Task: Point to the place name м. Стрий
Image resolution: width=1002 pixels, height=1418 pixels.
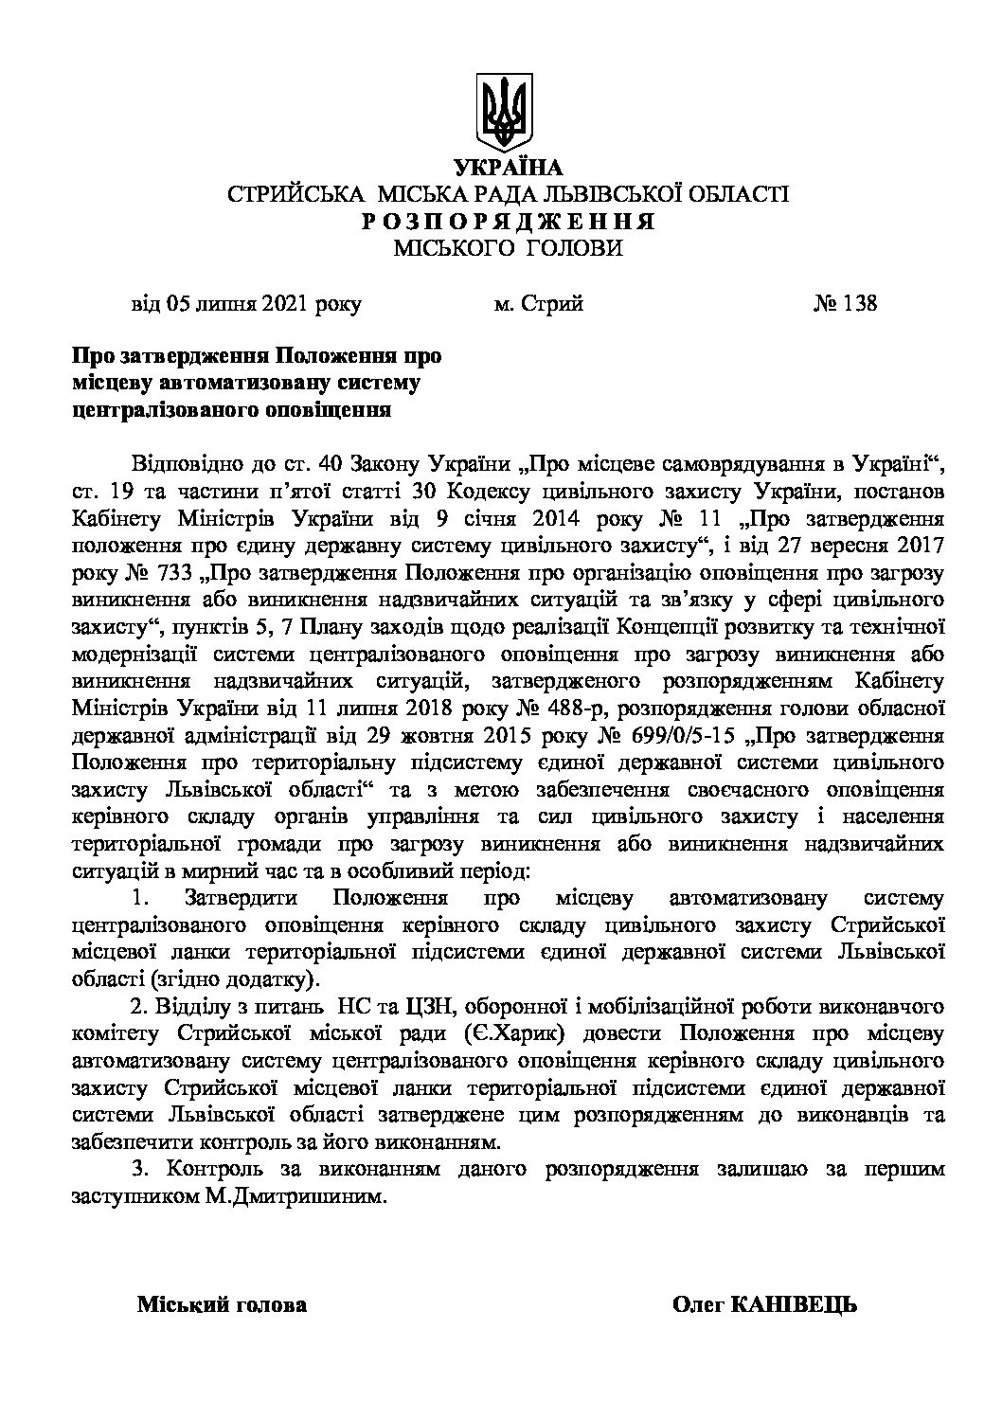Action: click(538, 304)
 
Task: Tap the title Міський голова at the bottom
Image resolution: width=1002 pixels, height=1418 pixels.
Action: click(223, 1305)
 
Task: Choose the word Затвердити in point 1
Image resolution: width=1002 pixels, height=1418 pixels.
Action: click(242, 897)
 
